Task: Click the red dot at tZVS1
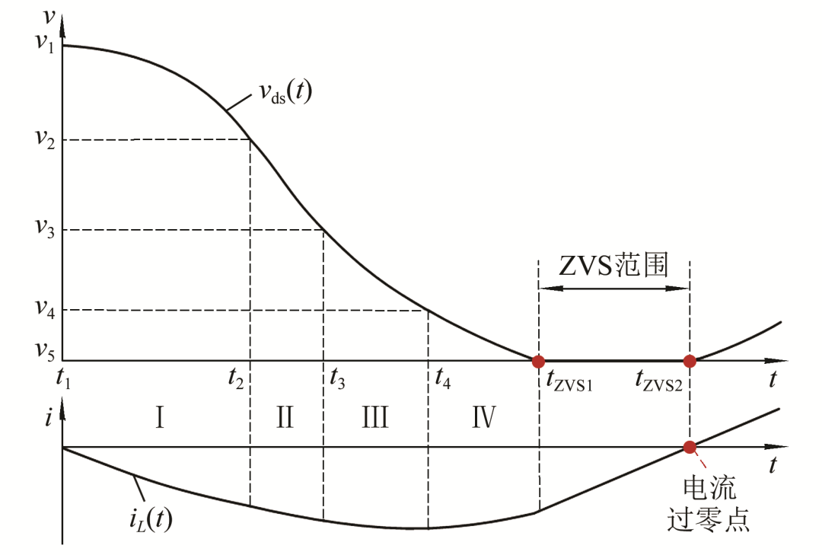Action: click(x=538, y=361)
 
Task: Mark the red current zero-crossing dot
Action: click(x=690, y=448)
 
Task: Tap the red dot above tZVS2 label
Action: click(x=690, y=361)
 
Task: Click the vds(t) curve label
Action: click(x=285, y=95)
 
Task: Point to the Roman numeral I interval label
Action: click(x=160, y=418)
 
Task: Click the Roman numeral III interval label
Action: click(x=374, y=418)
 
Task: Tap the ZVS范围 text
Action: click(x=614, y=266)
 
